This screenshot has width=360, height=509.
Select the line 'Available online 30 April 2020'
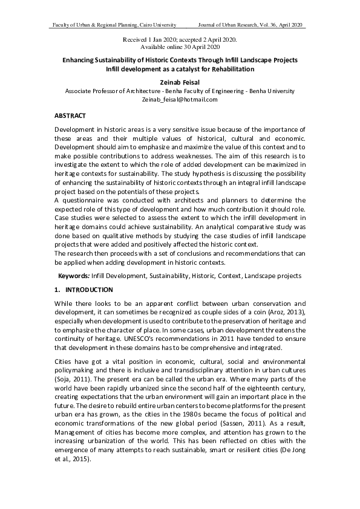click(x=180, y=46)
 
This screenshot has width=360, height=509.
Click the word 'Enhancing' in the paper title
click(x=82, y=60)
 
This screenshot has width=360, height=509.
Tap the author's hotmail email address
click(x=179, y=99)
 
